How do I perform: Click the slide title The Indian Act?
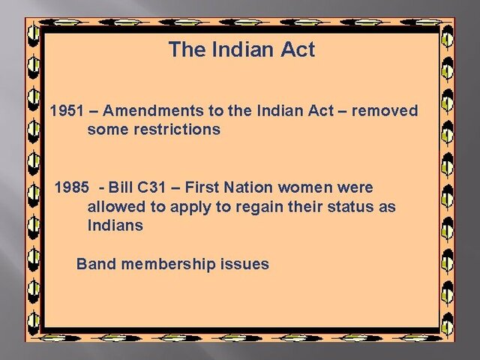tap(241, 50)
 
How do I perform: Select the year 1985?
tap(71, 187)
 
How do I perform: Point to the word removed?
tap(383, 112)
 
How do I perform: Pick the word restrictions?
tap(175, 130)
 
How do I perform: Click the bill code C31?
tap(161, 187)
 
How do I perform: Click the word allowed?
tap(115, 206)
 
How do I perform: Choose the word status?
tap(352, 206)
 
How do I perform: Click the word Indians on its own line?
tap(115, 225)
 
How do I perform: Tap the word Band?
tap(95, 264)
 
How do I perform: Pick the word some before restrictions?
tap(106, 130)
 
